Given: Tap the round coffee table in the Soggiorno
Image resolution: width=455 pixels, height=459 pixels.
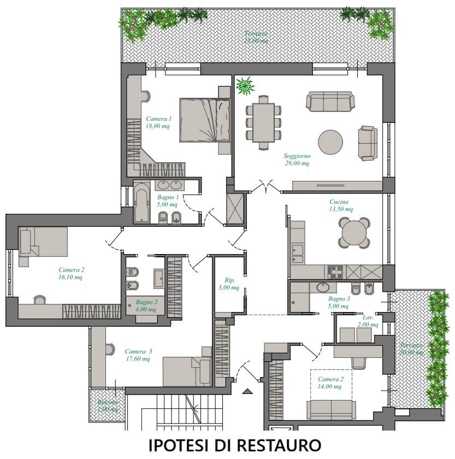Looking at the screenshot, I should pos(330,142).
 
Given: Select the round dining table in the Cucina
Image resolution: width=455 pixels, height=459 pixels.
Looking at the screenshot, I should pos(353,233).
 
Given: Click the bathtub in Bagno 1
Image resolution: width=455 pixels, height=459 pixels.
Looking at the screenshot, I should pos(141,203).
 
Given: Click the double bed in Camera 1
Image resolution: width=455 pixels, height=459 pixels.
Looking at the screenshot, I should pos(205,120).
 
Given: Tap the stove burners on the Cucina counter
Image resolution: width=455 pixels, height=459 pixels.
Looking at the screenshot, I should pos(334,270).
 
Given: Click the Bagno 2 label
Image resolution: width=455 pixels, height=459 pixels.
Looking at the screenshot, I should pos(146,305).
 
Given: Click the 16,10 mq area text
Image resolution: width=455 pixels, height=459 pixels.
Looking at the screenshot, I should pos(72,277).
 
